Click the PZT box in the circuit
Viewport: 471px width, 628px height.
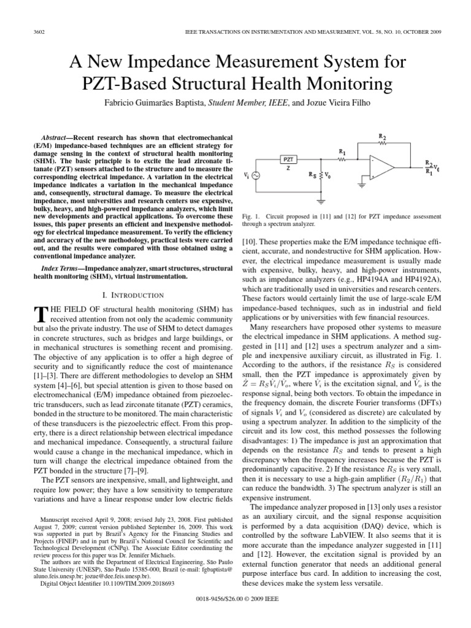(x=288, y=161)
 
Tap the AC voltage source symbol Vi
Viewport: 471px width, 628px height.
(x=253, y=177)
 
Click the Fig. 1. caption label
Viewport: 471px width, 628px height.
(x=252, y=216)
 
